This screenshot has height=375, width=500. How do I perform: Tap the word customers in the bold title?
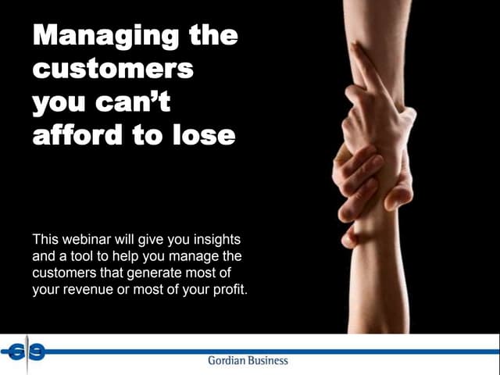[112, 69]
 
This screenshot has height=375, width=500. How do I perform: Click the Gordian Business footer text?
[248, 360]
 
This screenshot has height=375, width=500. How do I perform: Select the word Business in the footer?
[268, 360]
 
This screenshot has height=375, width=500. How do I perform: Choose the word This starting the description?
[45, 237]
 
